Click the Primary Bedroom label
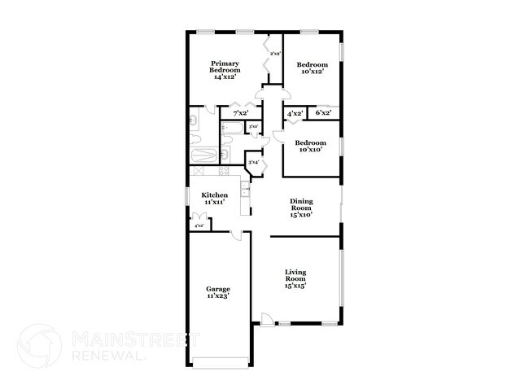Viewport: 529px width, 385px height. coord(225,70)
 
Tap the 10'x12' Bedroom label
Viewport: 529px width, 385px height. coord(312,68)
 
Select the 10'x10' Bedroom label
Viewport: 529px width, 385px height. coord(312,147)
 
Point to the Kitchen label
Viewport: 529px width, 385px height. coord(215,199)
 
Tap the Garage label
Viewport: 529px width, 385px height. coord(217,292)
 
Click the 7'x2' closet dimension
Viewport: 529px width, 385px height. coord(241,114)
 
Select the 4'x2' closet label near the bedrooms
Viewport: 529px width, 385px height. coord(295,114)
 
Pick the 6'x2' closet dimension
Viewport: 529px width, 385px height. coord(323,114)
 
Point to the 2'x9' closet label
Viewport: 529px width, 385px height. coord(274,54)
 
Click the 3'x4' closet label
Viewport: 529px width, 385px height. coord(253,162)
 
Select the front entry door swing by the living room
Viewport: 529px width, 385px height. coord(266,320)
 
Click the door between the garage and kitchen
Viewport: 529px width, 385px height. coord(237,236)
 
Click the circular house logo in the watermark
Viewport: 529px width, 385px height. coord(40,346)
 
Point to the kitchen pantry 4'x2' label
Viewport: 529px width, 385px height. coord(199,225)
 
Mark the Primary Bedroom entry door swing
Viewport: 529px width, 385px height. coord(259,96)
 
